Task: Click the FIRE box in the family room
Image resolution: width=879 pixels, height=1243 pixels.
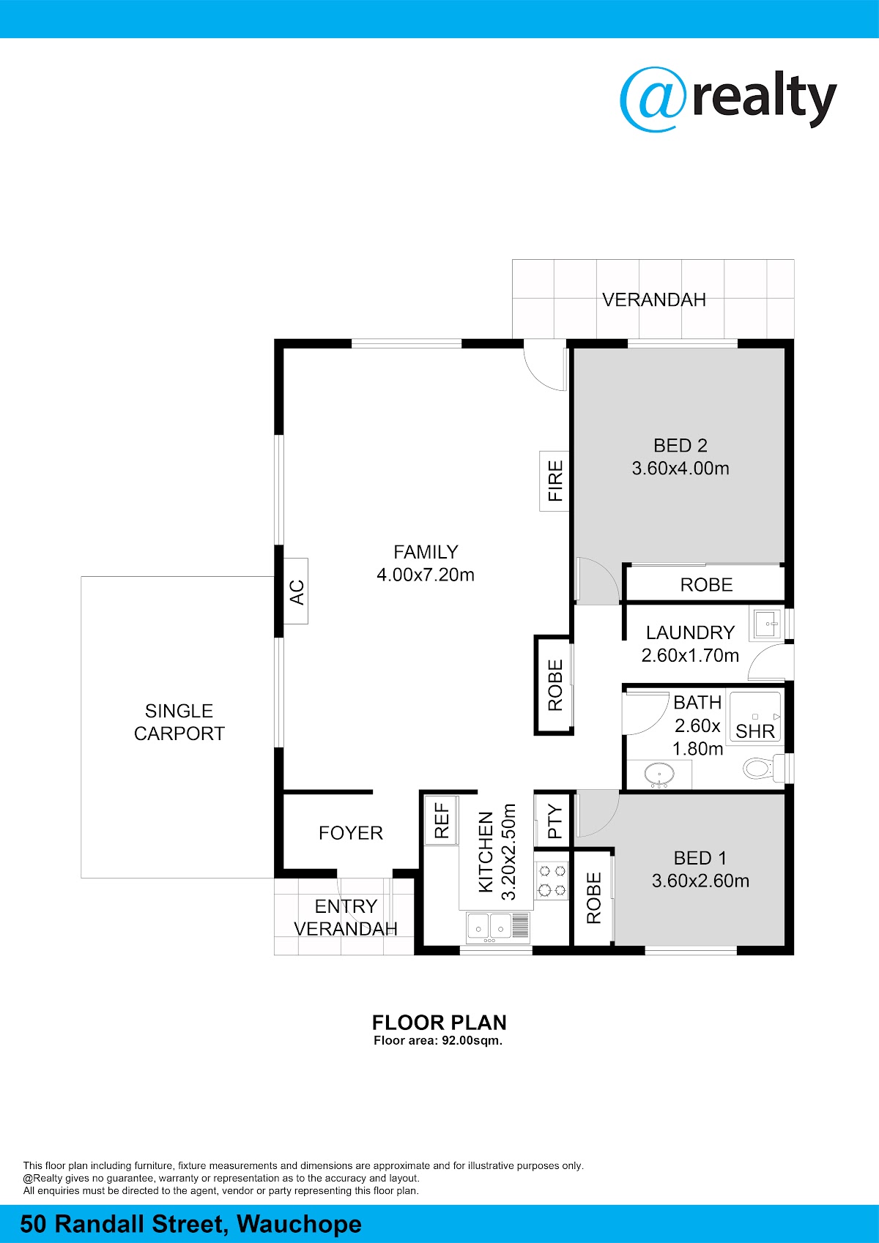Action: [555, 481]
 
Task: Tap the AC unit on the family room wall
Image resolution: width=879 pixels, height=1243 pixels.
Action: [296, 591]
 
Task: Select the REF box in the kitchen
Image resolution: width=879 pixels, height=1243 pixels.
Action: [442, 821]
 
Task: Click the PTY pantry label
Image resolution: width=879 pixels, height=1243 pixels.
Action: [555, 822]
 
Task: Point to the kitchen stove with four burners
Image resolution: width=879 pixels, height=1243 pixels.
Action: [552, 881]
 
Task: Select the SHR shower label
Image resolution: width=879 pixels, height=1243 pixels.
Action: [754, 731]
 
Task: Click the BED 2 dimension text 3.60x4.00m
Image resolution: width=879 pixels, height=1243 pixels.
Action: [680, 469]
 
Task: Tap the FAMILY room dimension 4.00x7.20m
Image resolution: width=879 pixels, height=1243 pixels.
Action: [426, 575]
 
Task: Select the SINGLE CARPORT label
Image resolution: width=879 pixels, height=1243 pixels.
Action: [179, 722]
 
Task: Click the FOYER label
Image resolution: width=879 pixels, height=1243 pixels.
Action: [350, 833]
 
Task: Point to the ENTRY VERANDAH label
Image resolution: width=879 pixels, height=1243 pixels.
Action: [346, 917]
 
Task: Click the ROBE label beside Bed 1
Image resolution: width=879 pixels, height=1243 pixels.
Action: [593, 898]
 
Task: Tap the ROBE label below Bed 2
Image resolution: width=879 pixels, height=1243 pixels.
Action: [706, 584]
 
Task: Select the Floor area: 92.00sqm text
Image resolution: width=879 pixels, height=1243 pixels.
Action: [438, 1040]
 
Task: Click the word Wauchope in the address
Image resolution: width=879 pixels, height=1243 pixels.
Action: [300, 1224]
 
